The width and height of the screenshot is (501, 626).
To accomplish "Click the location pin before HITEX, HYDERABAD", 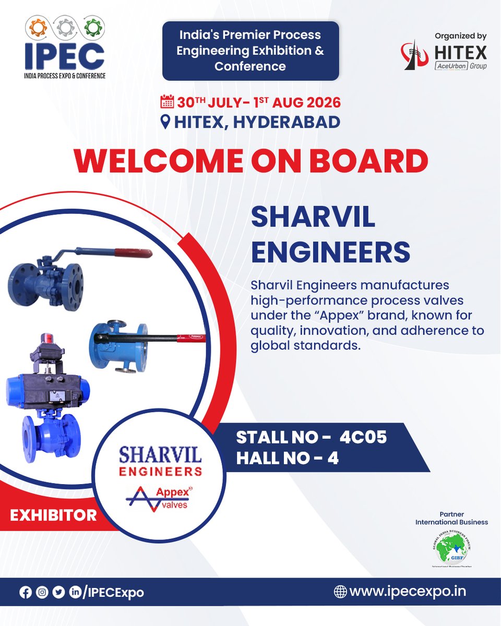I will tap(165, 122).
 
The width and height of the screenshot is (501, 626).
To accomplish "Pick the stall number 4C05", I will tap(363, 437).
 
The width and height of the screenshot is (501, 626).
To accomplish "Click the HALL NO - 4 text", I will tap(288, 459).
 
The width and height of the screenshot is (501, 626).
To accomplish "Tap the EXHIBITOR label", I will tap(53, 515).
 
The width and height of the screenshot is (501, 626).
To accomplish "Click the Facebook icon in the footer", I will tap(25, 593).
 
